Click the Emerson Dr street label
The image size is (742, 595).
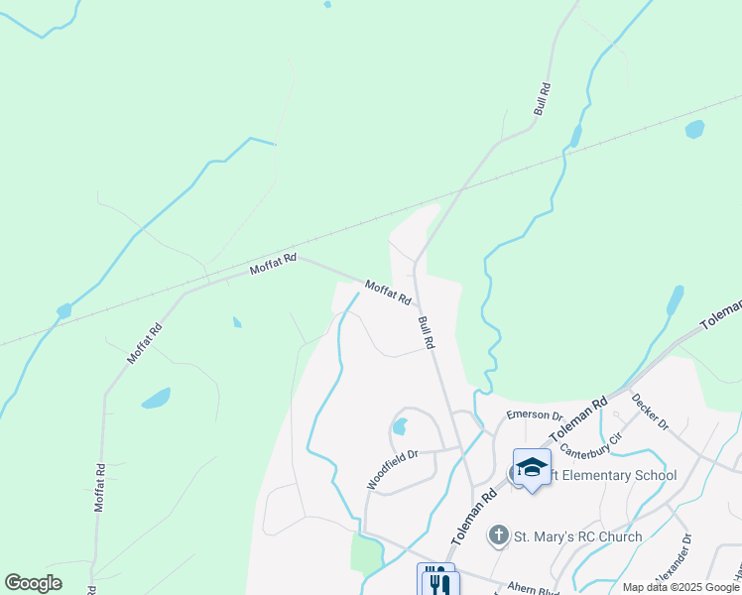534,416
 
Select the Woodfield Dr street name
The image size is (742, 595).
393,467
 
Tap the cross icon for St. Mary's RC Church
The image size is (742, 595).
500,536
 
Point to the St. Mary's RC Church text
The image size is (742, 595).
577,536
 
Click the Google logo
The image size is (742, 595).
33,583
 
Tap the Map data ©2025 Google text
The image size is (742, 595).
680,587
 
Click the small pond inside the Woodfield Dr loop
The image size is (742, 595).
400,426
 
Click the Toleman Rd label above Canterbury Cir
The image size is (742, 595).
586,417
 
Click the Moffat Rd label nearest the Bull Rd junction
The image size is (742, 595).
387,292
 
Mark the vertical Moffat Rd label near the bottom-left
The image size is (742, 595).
100,487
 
